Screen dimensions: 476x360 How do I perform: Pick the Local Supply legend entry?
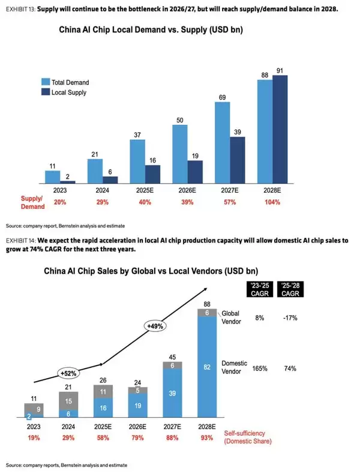(69, 92)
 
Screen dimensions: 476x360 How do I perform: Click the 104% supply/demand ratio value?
(272, 202)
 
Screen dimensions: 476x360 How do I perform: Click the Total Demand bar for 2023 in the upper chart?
(52, 176)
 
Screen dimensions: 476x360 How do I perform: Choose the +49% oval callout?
(155, 325)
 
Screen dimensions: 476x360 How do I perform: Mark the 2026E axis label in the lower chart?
(139, 427)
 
